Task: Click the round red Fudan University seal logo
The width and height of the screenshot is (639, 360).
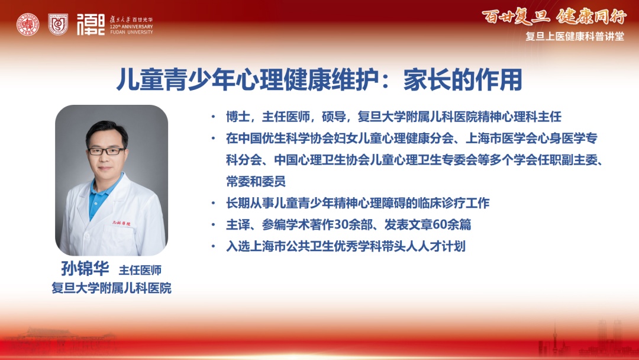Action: (x=28, y=24)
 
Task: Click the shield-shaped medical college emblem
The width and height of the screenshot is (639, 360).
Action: (x=58, y=24)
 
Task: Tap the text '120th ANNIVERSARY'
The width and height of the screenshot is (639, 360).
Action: (x=131, y=27)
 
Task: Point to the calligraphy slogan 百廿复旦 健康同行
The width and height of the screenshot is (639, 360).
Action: (x=554, y=17)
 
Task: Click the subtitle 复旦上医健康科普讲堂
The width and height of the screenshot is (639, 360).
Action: (x=575, y=37)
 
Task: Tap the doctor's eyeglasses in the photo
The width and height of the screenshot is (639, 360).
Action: (x=106, y=151)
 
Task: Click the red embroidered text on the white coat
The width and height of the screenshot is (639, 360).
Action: (x=121, y=223)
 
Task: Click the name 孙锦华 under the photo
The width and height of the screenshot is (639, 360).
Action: (x=85, y=269)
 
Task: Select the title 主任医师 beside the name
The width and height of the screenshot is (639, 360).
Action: (x=140, y=270)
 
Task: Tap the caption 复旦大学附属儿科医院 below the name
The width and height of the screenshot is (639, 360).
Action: (x=111, y=288)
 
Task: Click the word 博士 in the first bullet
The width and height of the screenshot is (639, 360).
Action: (x=238, y=117)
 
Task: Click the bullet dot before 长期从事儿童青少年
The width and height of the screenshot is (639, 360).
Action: (x=213, y=203)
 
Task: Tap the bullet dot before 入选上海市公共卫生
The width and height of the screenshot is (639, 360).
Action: (x=213, y=246)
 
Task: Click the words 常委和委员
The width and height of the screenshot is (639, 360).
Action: (x=256, y=181)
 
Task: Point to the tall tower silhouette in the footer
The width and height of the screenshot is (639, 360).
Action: (x=554, y=339)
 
